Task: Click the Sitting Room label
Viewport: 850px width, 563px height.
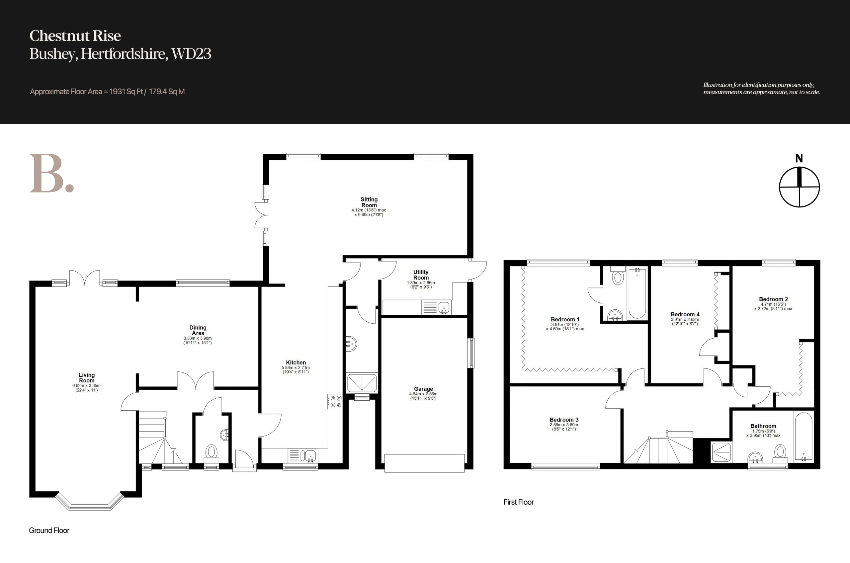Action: [369, 202]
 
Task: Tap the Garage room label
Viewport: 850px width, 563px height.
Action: [423, 389]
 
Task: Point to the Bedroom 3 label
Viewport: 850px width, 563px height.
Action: [564, 420]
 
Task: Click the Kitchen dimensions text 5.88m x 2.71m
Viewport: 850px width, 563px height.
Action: [296, 368]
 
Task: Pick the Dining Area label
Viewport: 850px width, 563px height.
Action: [198, 330]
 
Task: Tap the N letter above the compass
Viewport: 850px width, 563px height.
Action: [799, 158]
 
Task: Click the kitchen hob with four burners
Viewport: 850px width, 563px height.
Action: [335, 401]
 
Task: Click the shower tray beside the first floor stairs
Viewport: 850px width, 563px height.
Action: [722, 452]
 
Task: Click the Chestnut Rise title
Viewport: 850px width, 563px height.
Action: [75, 36]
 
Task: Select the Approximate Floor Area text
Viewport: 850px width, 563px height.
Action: [107, 92]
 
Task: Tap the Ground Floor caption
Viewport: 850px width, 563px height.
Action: [49, 530]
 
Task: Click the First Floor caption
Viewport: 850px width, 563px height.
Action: [519, 502]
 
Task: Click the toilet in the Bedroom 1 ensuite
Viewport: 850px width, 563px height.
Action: [618, 276]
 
